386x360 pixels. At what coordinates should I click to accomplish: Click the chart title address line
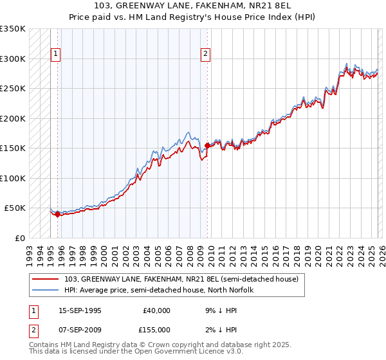pyautogui.click(x=193, y=6)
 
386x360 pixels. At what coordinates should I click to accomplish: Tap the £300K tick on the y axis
pyautogui.click(x=13, y=59)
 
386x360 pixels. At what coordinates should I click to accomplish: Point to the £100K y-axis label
pyautogui.click(x=13, y=178)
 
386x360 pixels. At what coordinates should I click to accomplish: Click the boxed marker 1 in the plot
pyautogui.click(x=57, y=54)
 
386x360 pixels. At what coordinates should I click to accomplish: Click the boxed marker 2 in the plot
pyautogui.click(x=205, y=54)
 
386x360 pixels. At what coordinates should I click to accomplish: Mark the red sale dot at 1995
pyautogui.click(x=57, y=214)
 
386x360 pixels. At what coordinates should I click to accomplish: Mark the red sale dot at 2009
pyautogui.click(x=207, y=145)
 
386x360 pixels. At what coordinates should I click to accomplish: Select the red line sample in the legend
pyautogui.click(x=46, y=279)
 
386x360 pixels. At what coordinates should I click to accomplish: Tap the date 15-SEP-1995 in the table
pyautogui.click(x=80, y=310)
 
